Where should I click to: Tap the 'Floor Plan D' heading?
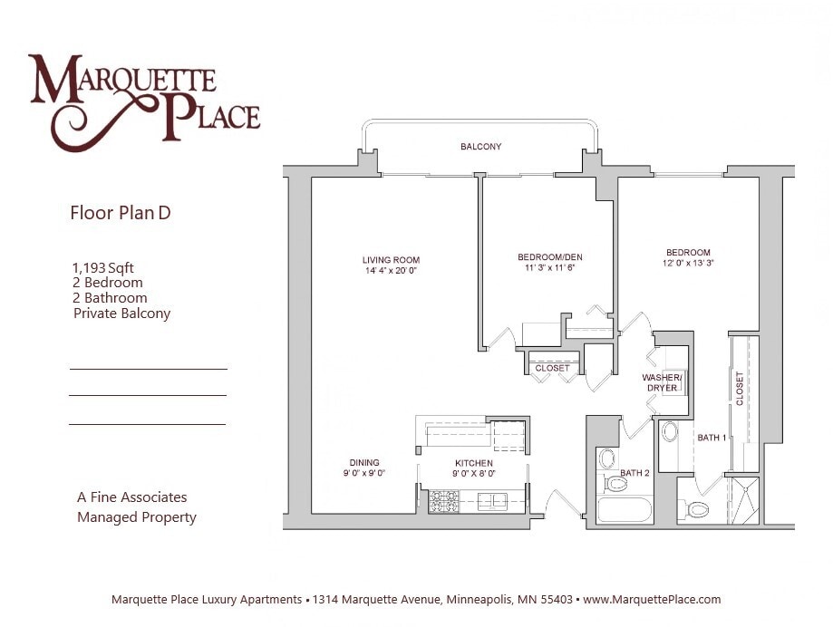pos(121,214)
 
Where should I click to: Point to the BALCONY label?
pos(480,147)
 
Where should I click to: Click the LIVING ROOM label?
pos(391,261)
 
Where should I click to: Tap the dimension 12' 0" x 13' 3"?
pos(688,264)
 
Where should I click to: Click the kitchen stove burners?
pos(443,500)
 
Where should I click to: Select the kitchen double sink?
pos(491,500)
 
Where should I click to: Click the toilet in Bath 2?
pos(615,482)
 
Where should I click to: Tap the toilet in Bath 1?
pos(698,509)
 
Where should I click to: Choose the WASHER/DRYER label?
pos(662,382)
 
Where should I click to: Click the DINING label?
pos(364,463)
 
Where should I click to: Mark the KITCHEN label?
pos(473,463)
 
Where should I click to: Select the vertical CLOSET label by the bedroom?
pos(740,388)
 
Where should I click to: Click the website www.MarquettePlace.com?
pos(652,600)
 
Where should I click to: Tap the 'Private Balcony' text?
pos(121,313)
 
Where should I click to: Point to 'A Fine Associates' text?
pos(132,497)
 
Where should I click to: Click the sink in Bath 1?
pos(670,431)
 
